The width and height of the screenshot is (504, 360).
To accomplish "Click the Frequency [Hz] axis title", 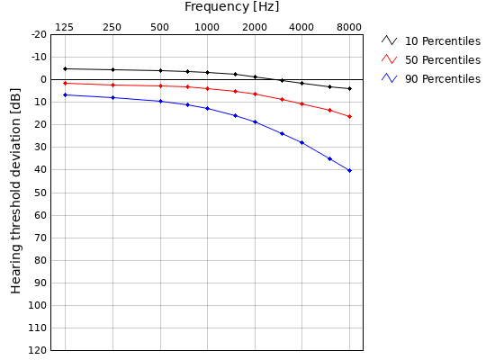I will pyautogui.click(x=231, y=7).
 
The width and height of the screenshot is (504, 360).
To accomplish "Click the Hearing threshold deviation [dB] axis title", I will pyautogui.click(x=16, y=191).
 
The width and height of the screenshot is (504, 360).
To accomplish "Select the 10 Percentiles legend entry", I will pyautogui.click(x=442, y=41).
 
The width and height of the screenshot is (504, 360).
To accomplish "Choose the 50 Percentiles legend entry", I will pyautogui.click(x=442, y=60).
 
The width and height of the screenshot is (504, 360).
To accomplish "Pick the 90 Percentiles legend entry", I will pyautogui.click(x=442, y=79).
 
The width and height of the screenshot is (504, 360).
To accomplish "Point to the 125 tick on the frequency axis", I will pyautogui.click(x=65, y=27).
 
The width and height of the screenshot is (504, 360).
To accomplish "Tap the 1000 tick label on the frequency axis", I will pyautogui.click(x=207, y=27).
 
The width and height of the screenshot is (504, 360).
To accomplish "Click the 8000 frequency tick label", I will pyautogui.click(x=349, y=27).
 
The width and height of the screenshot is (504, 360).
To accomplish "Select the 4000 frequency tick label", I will pyautogui.click(x=301, y=27).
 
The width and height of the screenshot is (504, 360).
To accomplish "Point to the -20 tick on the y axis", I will pyautogui.click(x=39, y=34).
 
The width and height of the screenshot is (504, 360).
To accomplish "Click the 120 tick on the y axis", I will pyautogui.click(x=37, y=350).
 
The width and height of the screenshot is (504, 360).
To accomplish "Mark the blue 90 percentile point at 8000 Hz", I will pyautogui.click(x=349, y=170).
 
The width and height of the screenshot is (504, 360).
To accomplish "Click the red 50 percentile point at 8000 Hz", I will pyautogui.click(x=349, y=116).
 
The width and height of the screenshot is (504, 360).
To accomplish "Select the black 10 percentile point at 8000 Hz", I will pyautogui.click(x=349, y=88).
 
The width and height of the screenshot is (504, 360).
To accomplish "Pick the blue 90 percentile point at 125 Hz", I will pyautogui.click(x=65, y=94).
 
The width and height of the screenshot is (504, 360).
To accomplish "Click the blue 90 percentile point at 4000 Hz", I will pyautogui.click(x=301, y=142).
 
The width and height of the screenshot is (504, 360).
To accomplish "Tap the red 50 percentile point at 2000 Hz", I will pyautogui.click(x=255, y=94).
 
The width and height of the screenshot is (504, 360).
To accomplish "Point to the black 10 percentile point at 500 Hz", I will pyautogui.click(x=160, y=70).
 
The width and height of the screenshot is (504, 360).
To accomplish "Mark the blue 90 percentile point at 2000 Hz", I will pyautogui.click(x=255, y=121).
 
